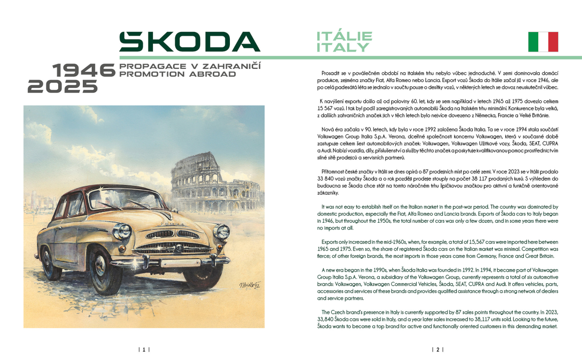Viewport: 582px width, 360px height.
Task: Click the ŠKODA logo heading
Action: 190,42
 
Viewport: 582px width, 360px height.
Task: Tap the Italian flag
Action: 543,42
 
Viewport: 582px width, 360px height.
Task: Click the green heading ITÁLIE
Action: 344,36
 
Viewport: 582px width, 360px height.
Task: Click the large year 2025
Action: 63,86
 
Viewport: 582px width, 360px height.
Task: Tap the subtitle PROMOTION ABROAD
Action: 178,74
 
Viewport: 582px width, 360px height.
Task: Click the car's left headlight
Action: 121,231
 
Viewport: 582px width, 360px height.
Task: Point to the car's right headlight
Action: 222,231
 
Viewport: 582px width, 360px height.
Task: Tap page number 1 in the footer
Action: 144,349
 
